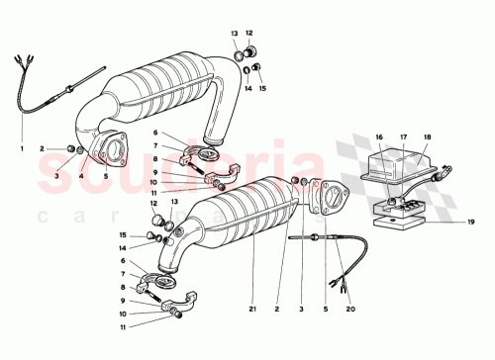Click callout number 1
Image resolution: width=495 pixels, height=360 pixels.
[x=21, y=149]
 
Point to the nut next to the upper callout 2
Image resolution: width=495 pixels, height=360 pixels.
[x=72, y=149]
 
